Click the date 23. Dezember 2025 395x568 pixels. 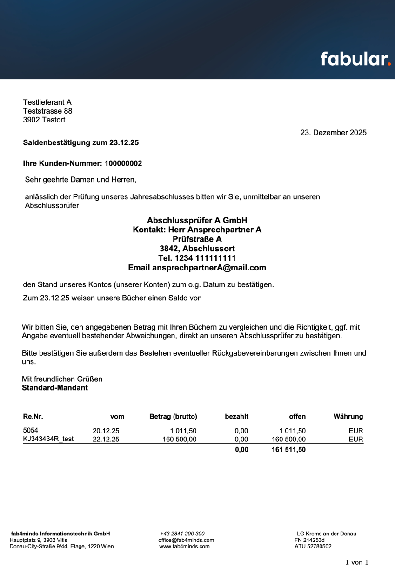(333, 133)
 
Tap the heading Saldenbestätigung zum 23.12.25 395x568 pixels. (81, 143)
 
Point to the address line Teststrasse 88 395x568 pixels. (47, 111)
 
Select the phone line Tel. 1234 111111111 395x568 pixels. (197, 258)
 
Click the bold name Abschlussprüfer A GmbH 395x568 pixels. (197, 220)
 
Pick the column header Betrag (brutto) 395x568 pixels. (173, 417)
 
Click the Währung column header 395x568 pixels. (348, 417)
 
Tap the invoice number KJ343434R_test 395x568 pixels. (48, 439)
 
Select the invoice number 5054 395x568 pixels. (31, 431)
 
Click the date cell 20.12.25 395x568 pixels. (106, 431)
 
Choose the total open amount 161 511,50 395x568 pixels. (288, 450)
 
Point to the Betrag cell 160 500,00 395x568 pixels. (179, 439)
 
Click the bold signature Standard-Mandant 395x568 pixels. (55, 387)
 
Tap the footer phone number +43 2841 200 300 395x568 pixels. (182, 534)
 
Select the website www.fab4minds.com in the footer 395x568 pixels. (184, 547)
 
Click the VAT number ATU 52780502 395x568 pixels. (313, 547)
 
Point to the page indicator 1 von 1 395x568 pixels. (356, 562)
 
